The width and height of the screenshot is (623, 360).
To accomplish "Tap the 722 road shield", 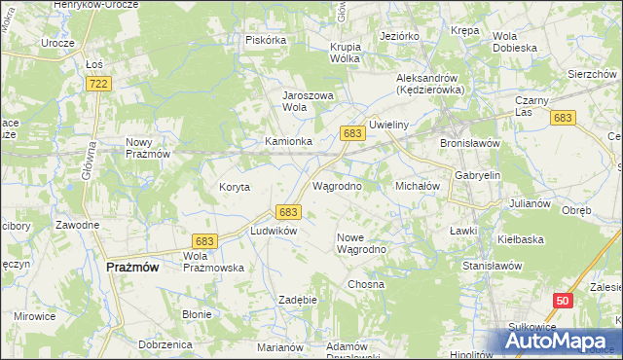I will [x=97, y=86].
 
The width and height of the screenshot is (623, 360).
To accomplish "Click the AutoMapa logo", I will [x=559, y=341].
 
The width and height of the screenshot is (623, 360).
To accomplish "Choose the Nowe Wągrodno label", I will [x=362, y=243].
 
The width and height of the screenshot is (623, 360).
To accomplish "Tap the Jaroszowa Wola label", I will [x=308, y=101].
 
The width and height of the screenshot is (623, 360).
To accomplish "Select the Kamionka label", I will [x=289, y=141].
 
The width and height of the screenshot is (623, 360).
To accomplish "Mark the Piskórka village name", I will [x=266, y=40].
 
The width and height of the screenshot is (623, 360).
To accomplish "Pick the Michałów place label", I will [x=418, y=185].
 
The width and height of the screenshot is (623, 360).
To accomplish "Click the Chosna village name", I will [x=366, y=284].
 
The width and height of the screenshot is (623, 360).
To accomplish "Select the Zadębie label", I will [x=298, y=300].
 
